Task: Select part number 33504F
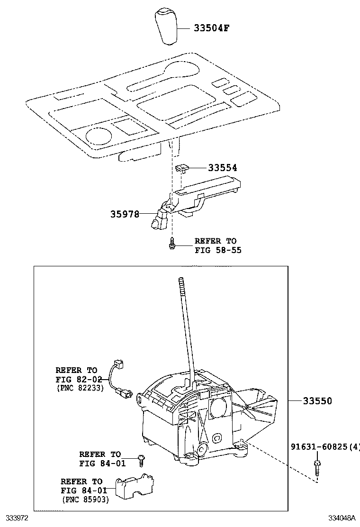click(x=212, y=28)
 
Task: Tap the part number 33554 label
click(x=223, y=168)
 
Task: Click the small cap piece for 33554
click(x=182, y=168)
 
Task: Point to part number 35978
click(x=125, y=214)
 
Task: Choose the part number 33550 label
click(x=317, y=401)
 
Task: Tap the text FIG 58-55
click(x=218, y=250)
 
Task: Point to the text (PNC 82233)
click(x=80, y=388)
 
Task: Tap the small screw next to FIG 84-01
click(x=141, y=458)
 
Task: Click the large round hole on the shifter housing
click(x=217, y=407)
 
